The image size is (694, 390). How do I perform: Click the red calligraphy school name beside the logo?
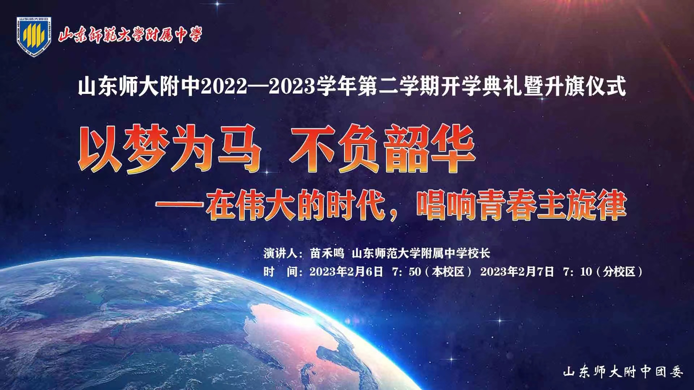[130, 35]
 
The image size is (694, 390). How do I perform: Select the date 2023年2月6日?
[346, 272]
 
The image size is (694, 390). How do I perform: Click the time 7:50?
[407, 272]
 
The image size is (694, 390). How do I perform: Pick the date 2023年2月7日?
[517, 272]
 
